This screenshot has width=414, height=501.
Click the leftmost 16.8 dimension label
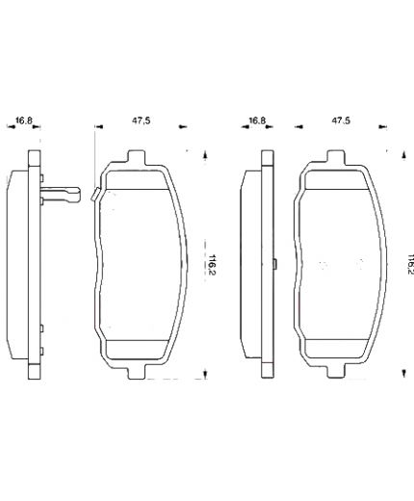click(x=24, y=121)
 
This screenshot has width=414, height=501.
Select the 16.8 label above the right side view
click(x=256, y=121)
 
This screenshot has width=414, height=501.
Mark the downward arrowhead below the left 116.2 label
click(x=204, y=375)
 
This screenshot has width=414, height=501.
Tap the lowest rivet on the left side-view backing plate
click(x=43, y=353)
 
